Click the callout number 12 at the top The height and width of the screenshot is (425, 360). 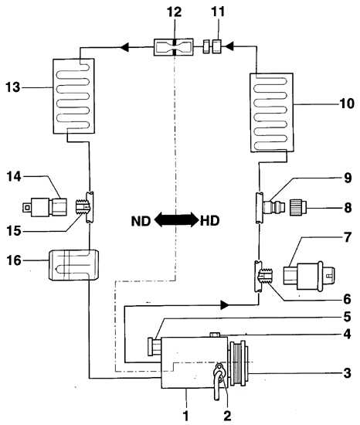[174, 12]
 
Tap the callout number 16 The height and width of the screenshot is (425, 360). [13, 260]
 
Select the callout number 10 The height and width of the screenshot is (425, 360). [347, 104]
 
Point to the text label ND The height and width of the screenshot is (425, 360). [141, 221]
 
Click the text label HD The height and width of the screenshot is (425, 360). [209, 221]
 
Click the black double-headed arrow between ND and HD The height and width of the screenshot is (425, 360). [176, 219]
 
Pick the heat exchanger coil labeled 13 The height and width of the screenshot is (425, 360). [73, 96]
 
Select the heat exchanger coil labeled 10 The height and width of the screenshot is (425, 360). [271, 113]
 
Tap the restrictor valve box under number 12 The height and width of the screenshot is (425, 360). [174, 47]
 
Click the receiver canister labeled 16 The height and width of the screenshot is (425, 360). [73, 265]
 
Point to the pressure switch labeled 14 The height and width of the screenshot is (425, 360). [45, 207]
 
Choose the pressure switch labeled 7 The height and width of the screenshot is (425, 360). [309, 276]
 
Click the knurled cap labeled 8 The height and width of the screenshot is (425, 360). [298, 208]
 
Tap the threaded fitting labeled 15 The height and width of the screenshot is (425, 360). [81, 207]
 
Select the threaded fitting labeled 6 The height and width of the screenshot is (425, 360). [267, 276]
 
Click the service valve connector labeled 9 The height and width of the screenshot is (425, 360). [273, 207]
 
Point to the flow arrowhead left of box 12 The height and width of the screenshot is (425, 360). [124, 47]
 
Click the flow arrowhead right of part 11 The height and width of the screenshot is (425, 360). [229, 46]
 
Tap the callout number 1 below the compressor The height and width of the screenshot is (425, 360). [185, 416]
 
